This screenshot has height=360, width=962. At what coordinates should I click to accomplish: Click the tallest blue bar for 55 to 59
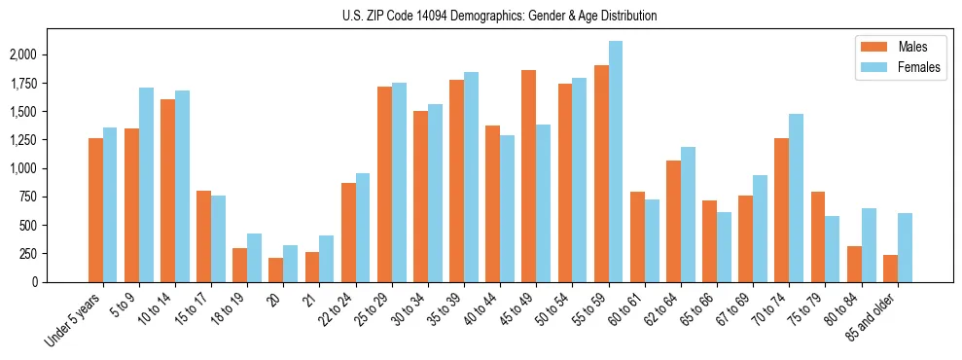[x=616, y=162]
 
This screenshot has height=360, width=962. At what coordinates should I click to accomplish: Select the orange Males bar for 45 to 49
[x=529, y=176]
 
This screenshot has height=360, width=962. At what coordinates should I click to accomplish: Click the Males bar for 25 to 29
[x=384, y=184]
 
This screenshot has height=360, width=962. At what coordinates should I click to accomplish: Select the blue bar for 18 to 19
[x=255, y=258]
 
